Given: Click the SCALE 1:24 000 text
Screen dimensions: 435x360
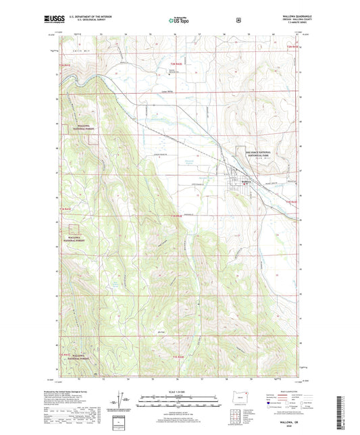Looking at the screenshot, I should [x=180, y=392].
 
